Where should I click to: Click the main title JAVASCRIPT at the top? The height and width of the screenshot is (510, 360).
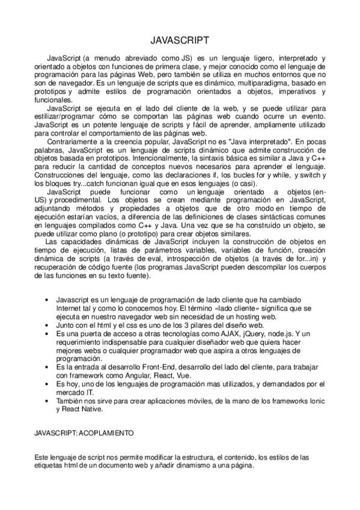tap(180, 40)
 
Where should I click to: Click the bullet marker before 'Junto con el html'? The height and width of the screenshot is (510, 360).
tap(47, 324)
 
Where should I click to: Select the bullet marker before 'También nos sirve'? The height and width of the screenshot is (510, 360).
tap(47, 401)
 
